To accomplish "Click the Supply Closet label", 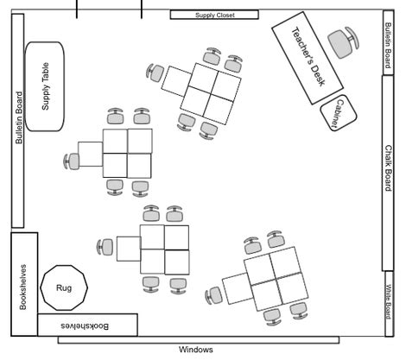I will coord(214,15).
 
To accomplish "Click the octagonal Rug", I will coord(63,287).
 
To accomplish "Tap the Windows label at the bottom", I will coord(196,350).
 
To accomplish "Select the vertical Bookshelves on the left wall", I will coord(24,284).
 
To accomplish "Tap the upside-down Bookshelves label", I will coord(86,325).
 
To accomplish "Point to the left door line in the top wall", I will coord(77,9).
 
